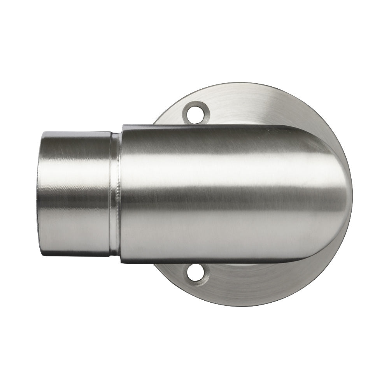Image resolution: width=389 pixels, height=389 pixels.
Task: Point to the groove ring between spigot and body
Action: (115, 193)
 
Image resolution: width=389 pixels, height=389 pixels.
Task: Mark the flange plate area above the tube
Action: (249, 103)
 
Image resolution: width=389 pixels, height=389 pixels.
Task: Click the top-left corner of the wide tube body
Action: (123, 126)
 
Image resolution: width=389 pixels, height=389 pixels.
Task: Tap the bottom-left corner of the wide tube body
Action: (121, 262)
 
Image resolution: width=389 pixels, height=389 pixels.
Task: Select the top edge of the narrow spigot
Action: (78, 132)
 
